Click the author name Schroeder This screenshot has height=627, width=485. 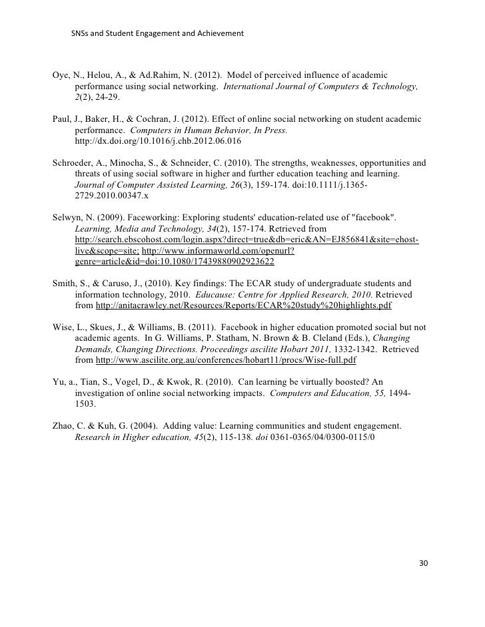(75, 162)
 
